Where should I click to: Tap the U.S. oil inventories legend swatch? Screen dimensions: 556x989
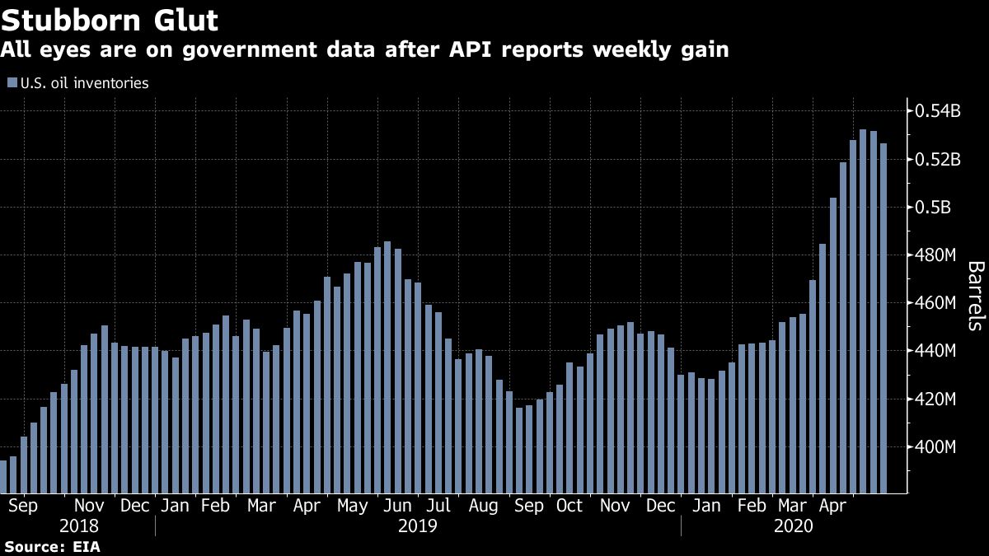point(11,82)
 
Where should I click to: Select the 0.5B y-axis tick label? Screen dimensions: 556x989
point(929,208)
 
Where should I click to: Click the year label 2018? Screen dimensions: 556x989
point(80,526)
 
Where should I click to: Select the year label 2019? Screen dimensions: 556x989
point(418,526)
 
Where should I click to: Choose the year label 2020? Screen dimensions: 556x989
point(794,526)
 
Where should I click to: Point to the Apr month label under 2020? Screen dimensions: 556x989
point(837,506)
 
